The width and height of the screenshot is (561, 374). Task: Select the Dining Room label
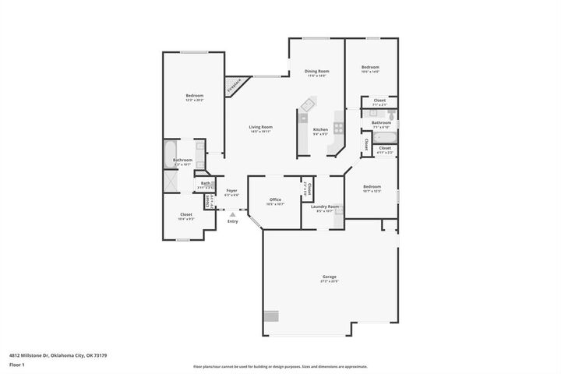click(x=316, y=72)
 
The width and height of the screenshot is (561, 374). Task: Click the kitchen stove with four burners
click(x=339, y=126)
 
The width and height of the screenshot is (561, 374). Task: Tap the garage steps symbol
click(x=270, y=316)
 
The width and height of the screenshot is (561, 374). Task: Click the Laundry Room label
click(x=323, y=206)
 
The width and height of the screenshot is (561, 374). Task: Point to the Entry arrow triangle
click(x=232, y=214)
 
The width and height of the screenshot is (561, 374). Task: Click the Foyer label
click(x=231, y=190)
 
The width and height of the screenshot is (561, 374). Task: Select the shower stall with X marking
click(x=171, y=180)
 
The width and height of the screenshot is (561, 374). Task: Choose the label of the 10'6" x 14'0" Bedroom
click(x=370, y=68)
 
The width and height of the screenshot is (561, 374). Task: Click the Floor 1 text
click(x=17, y=364)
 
